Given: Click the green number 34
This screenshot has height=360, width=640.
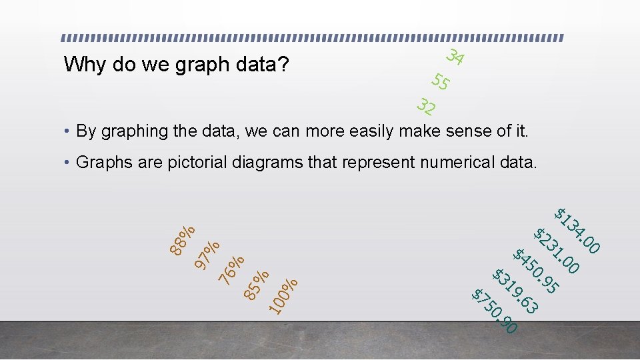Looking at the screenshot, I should click(455, 58).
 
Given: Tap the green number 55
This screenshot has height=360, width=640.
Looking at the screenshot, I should click(440, 82).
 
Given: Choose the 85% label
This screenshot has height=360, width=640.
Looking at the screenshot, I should click(257, 283).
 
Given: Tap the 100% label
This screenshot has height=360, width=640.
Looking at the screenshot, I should click(283, 295).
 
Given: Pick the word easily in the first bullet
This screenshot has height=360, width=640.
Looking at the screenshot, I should click(366, 131).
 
